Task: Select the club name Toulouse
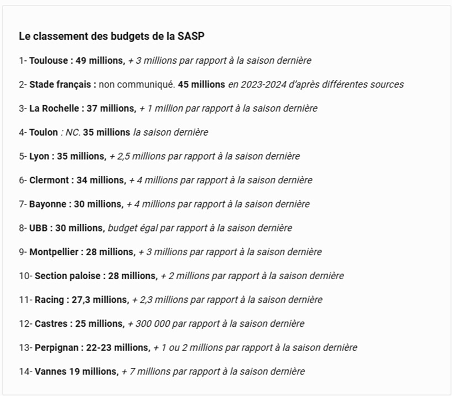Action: pos(48,60)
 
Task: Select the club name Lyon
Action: pos(39,156)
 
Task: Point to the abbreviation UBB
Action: pos(38,228)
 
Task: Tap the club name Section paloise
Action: pos(67,275)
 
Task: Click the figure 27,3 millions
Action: pos(100,299)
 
